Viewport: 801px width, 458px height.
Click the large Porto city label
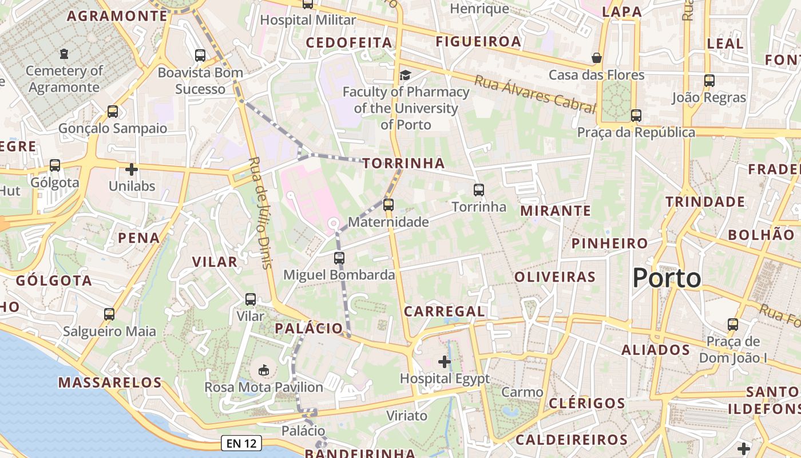tap(667, 278)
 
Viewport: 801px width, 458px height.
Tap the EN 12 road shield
tap(241, 443)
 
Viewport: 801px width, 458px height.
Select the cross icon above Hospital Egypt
tap(445, 361)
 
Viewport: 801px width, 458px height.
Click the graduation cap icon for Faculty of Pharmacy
tap(405, 75)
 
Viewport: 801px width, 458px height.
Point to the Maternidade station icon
tap(388, 204)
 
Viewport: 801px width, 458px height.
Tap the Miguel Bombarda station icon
tap(339, 258)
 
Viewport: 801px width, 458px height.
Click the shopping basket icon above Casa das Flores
tap(597, 58)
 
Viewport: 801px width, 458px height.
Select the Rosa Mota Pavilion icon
tap(264, 370)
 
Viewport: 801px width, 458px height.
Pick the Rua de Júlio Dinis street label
tap(260, 212)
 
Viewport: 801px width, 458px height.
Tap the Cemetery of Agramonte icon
tap(64, 54)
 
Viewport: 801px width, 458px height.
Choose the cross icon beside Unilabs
tap(132, 169)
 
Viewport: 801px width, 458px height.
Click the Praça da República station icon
tap(636, 116)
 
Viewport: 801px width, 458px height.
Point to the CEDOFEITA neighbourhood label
tap(349, 43)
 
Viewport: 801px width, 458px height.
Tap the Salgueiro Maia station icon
tap(109, 314)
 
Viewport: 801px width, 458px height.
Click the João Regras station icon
tap(709, 81)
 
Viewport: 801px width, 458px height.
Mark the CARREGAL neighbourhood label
tap(445, 311)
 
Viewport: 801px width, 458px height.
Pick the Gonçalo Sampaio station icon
tap(113, 112)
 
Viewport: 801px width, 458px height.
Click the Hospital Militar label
tap(308, 20)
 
